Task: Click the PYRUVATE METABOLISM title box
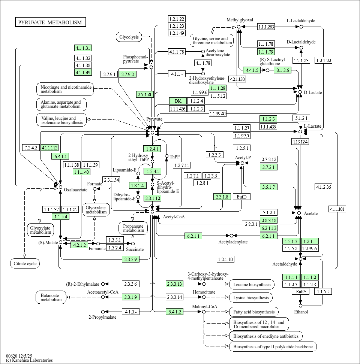coord(50,22)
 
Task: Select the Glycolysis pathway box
coord(129,37)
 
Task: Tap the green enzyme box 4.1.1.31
coord(83,48)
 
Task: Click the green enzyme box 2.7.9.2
coord(127,74)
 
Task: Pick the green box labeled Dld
coord(178,101)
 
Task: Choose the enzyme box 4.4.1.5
coord(252,70)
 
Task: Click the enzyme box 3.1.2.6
coord(282,70)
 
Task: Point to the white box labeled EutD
coord(241,197)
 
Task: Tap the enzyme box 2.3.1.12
coord(153,198)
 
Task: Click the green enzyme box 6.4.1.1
coord(61,156)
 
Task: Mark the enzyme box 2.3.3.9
coord(131,259)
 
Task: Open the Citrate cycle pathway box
coord(25,264)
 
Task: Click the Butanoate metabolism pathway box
coord(51,297)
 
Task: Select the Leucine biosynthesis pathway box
coord(252,285)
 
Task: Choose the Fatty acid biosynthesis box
coord(254,312)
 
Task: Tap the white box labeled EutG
coord(301,291)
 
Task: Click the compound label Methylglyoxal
coord(240,20)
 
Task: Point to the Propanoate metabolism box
coord(133,228)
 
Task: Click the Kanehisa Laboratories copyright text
coord(29,360)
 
